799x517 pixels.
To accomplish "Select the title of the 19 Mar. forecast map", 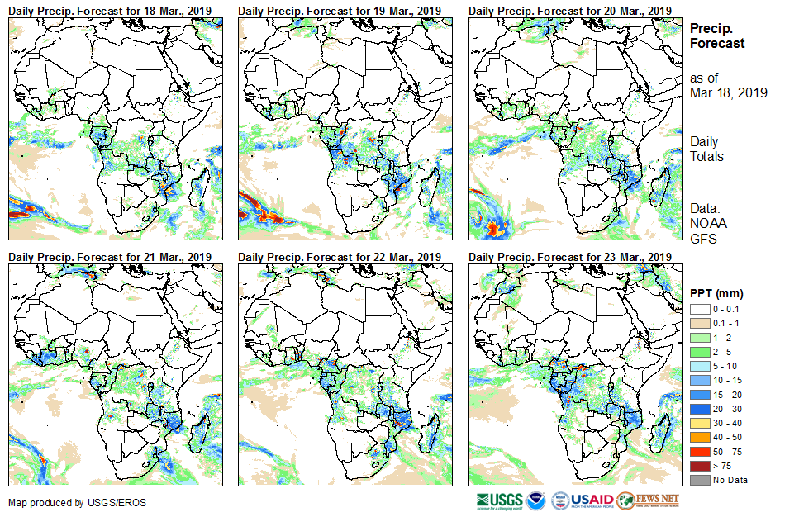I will point(340,10).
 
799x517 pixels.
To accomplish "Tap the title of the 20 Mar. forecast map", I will point(569,10).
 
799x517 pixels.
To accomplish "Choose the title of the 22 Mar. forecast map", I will point(340,258).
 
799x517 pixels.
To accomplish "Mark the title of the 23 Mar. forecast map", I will point(569,258).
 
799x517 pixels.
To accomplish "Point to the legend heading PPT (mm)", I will point(716,293).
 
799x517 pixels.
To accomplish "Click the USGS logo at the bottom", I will point(501,500).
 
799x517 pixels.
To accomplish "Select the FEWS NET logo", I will point(648,500).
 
